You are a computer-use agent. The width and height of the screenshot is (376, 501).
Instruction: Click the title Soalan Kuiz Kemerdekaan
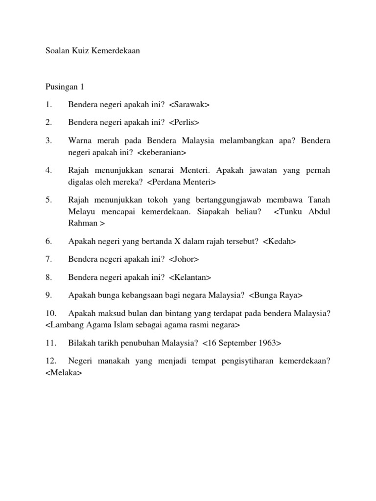pos(93,51)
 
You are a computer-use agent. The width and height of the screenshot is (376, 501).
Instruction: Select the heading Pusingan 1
pos(65,87)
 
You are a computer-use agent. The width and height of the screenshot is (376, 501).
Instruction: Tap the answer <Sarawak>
pos(189,105)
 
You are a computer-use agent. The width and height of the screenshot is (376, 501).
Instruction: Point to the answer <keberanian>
pos(162,153)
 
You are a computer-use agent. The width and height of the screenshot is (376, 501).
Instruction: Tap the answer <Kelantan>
pos(190,277)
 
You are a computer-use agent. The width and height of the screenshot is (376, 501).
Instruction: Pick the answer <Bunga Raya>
pos(276,295)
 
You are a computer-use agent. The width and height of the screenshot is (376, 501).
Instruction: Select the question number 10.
pos(50,313)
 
